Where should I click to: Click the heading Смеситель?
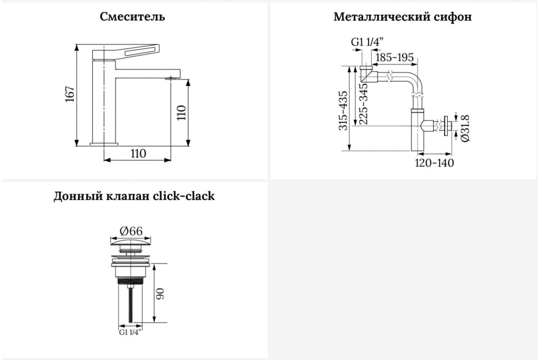click(132, 17)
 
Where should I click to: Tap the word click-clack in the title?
click(184, 196)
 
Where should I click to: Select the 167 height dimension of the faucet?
click(70, 94)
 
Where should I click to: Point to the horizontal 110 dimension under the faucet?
click(139, 153)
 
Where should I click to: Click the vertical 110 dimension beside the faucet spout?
click(181, 113)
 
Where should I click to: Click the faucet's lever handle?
click(126, 52)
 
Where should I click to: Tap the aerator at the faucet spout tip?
click(171, 78)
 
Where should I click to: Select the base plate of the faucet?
click(104, 144)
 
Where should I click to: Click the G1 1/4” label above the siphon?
click(367, 42)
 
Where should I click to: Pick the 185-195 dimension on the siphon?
click(394, 58)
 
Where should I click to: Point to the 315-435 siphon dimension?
click(343, 111)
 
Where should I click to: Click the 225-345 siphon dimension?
click(363, 103)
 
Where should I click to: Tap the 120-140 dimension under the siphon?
click(434, 163)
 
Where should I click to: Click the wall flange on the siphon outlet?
click(446, 126)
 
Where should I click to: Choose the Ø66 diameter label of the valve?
click(131, 231)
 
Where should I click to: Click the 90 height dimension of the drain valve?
click(160, 294)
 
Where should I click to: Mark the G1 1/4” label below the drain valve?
click(130, 333)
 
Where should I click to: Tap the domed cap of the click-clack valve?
click(130, 243)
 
